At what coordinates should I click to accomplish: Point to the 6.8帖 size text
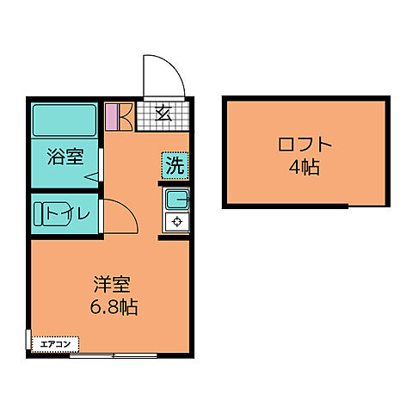pyautogui.click(x=114, y=306)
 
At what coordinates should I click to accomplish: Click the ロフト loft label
pyautogui.click(x=304, y=145)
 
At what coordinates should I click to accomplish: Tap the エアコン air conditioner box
pyautogui.click(x=54, y=344)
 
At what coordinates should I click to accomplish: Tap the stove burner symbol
pyautogui.click(x=177, y=222)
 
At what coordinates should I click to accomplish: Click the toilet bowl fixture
pyautogui.click(x=39, y=213)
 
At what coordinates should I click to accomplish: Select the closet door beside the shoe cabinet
pyautogui.click(x=124, y=115)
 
